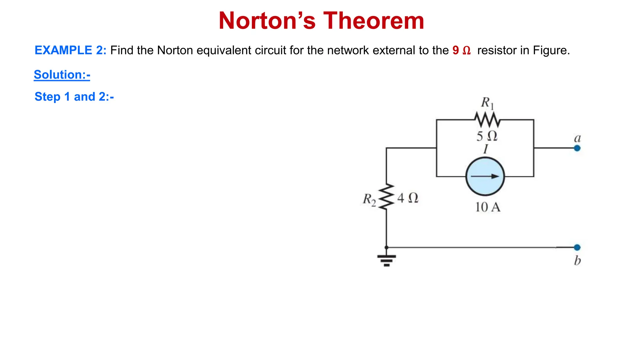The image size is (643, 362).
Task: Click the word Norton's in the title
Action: coord(267,21)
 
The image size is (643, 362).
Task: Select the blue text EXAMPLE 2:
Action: coord(70,50)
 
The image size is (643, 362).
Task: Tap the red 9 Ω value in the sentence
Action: coord(462,50)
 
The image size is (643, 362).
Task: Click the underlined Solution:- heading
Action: coord(62,75)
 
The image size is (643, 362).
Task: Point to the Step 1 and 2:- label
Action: coord(74,97)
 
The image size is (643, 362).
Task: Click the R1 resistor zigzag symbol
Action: coord(487,120)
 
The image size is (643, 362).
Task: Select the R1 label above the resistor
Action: coord(487,103)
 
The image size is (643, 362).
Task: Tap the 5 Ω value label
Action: coord(487,136)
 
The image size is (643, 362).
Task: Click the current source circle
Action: coord(485,177)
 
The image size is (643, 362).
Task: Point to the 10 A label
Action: coord(488,207)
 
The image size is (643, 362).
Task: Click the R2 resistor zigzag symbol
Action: coord(386,197)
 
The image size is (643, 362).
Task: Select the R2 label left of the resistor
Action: coord(369,199)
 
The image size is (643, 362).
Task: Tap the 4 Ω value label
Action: coord(408,198)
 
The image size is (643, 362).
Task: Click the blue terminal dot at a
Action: coord(577,148)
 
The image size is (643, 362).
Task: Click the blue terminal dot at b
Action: coord(577,247)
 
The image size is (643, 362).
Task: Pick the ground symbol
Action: coord(386,260)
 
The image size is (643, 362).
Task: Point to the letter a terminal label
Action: coord(577,138)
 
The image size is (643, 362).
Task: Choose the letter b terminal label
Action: coord(577,261)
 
